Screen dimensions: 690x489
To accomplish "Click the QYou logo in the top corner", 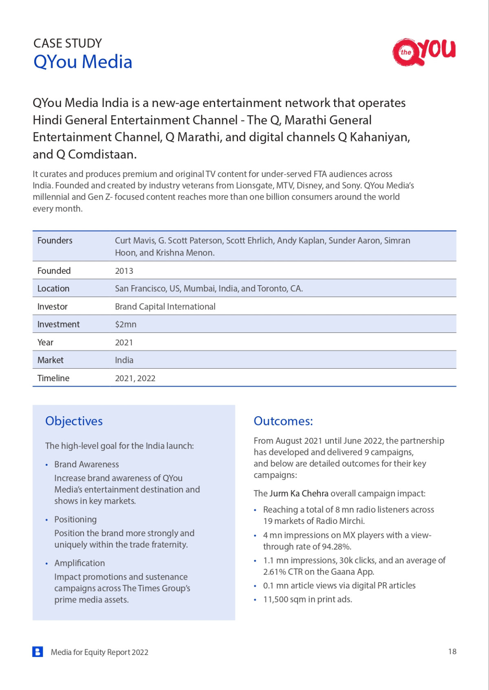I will point(424,52).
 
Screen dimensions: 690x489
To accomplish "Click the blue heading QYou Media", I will point(83,62).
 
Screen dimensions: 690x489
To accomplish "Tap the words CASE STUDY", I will point(68,43).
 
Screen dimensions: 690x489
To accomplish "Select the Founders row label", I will point(55,240).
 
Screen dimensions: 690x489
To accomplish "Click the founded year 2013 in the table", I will point(124,271).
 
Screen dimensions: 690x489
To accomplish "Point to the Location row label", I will point(53,288).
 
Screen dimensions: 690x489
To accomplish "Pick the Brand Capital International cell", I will point(165,307).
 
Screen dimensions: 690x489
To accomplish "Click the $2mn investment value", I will point(126,324).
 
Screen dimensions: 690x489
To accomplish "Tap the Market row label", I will point(51,360).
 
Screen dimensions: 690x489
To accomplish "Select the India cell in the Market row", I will point(124,360).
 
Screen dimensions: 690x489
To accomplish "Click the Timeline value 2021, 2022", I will point(135,378).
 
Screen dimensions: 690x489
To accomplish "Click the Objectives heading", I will point(74,421).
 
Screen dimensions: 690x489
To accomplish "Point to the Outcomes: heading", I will point(283,421).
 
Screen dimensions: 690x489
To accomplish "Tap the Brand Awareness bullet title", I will point(86,465).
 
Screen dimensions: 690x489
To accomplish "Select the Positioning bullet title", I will point(75,520).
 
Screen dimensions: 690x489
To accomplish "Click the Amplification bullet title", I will point(79,563).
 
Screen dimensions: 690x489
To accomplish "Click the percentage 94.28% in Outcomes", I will point(336,547).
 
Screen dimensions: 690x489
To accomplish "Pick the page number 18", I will point(452,652).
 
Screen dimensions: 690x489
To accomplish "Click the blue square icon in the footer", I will point(37,652).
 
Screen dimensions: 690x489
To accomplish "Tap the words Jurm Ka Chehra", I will point(299,493).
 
